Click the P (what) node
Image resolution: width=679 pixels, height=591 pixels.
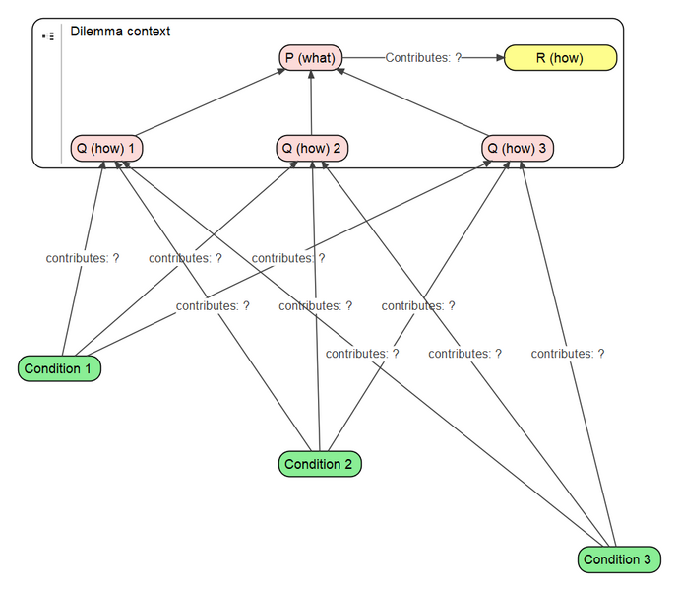311,58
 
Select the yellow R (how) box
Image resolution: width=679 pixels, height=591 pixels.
560,58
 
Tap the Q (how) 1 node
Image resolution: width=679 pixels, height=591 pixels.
107,149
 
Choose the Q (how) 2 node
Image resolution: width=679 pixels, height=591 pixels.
312,149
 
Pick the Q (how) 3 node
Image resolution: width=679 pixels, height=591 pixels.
518,149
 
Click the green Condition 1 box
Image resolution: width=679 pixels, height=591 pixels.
59,368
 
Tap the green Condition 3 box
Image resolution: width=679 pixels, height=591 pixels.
618,558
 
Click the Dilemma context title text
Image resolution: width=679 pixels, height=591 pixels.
120,32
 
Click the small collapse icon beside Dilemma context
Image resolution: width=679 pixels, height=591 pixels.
48,36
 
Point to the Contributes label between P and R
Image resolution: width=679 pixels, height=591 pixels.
423,58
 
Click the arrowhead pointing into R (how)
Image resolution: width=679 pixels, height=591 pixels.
498,58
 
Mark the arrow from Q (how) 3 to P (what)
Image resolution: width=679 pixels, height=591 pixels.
413,103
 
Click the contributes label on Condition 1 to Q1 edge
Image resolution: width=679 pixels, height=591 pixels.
83,258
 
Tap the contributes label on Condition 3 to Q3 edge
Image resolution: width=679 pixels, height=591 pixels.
568,353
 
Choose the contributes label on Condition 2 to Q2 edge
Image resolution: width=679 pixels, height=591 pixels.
315,305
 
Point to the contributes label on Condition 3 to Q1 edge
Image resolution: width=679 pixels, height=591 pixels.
362,353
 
